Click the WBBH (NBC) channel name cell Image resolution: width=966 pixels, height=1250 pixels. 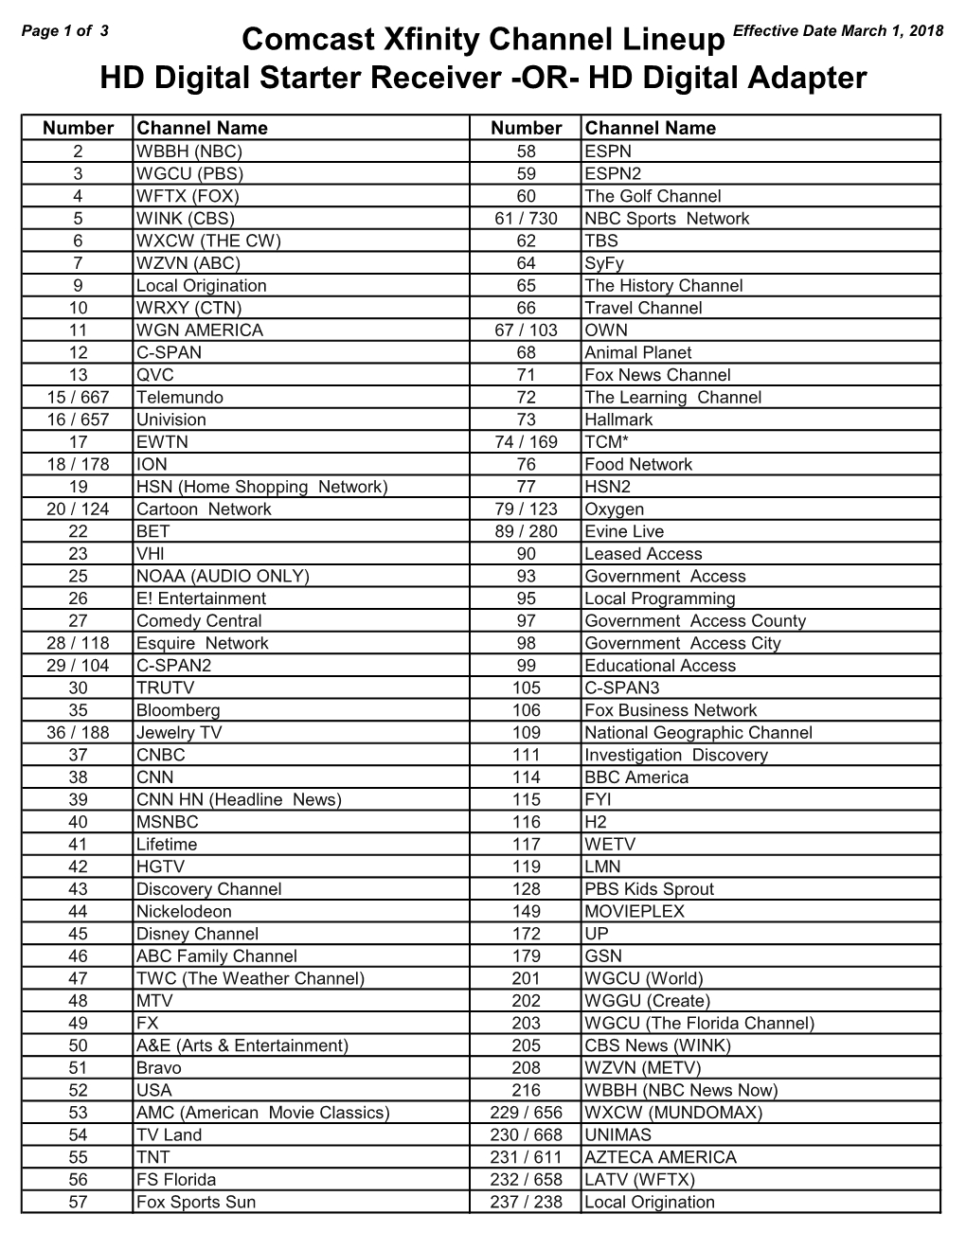tap(189, 152)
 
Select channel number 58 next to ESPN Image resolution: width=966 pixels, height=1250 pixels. tap(527, 152)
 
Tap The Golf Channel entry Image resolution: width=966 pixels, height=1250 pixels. tap(653, 196)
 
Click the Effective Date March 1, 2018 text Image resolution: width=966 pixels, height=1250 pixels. tap(838, 30)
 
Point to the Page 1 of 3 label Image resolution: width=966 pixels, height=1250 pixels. tap(64, 29)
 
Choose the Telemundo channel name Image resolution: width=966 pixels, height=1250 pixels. tap(180, 398)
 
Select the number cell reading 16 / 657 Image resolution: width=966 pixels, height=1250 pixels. tap(78, 420)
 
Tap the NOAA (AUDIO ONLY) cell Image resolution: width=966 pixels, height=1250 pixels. tap(223, 577)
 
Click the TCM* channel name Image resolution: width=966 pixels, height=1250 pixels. tap(607, 442)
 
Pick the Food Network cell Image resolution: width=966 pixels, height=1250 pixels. tap(638, 465)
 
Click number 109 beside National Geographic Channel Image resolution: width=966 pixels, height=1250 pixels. tap(527, 733)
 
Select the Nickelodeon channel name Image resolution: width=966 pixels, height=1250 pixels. tap(184, 912)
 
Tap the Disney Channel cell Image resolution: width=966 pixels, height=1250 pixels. tap(197, 935)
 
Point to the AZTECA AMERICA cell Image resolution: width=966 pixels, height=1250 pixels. tap(660, 1158)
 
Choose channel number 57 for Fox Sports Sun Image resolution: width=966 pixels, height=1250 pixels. tap(78, 1203)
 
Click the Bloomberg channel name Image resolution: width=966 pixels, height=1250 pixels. tap(178, 711)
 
